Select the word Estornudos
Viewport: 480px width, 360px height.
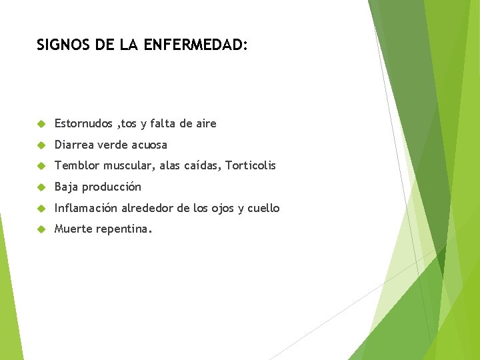(83, 123)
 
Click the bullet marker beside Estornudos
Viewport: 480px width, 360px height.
(41, 124)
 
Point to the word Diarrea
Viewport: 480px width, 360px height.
(74, 145)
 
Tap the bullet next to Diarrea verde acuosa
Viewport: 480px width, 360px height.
(41, 145)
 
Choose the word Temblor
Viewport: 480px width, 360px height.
(76, 165)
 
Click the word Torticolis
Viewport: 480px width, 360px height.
(250, 165)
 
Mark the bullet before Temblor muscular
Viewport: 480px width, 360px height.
(41, 166)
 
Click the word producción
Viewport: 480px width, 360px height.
(111, 187)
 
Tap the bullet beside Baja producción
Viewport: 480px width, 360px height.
(41, 187)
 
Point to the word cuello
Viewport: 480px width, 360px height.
(263, 208)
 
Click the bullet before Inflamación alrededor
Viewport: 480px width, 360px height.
(41, 209)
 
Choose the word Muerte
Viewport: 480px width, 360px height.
(73, 229)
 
